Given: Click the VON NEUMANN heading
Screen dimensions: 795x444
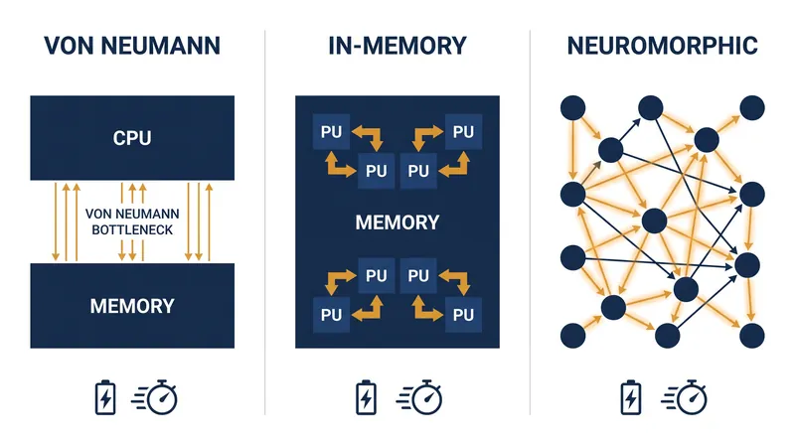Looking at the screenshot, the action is click(x=132, y=46).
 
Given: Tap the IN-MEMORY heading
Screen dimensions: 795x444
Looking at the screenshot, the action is click(x=397, y=46).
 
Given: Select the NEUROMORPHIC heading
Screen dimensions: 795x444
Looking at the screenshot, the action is click(x=662, y=46).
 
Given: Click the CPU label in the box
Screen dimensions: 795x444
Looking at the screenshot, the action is click(x=132, y=138).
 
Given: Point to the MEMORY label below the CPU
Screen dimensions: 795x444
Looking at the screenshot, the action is click(x=132, y=306).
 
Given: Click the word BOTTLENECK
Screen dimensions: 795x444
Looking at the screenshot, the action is click(x=132, y=229).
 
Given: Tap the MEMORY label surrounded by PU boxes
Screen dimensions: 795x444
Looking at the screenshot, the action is click(x=397, y=222).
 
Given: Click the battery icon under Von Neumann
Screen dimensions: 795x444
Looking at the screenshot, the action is click(x=105, y=398).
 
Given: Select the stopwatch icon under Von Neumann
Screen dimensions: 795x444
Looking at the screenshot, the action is click(x=155, y=397).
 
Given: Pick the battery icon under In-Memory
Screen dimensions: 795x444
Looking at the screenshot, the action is click(x=366, y=398).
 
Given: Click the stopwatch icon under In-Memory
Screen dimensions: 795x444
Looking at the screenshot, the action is click(x=419, y=397).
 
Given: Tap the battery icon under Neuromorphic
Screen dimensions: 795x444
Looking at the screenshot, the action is click(x=631, y=398).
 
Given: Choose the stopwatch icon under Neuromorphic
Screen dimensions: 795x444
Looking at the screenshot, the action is click(x=684, y=397).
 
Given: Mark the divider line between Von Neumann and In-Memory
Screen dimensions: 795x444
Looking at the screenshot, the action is click(x=264, y=222).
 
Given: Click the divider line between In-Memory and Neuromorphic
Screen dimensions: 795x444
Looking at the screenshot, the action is click(x=531, y=222).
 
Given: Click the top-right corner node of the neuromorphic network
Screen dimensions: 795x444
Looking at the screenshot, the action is click(x=752, y=108).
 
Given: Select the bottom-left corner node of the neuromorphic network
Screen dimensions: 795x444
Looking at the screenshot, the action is click(x=573, y=336).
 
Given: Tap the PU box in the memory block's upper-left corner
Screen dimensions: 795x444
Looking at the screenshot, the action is click(x=331, y=132).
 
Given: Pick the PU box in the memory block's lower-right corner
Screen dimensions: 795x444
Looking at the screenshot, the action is click(x=463, y=315).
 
